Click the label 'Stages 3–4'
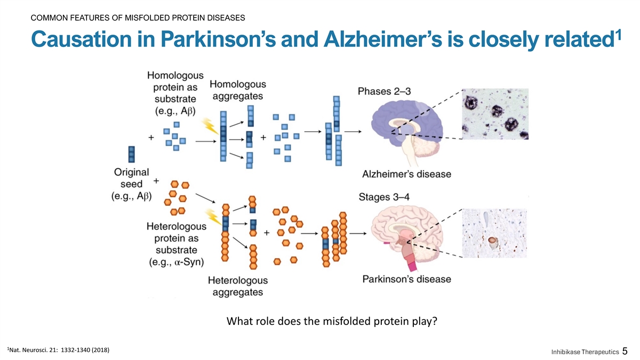(x=384, y=197)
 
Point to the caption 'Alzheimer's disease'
(x=406, y=174)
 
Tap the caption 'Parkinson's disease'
(x=406, y=279)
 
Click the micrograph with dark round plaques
(x=494, y=114)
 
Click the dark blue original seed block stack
(x=132, y=154)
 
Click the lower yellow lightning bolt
(x=214, y=218)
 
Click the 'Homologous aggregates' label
(x=237, y=90)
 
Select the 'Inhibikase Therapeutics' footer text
(x=585, y=352)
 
